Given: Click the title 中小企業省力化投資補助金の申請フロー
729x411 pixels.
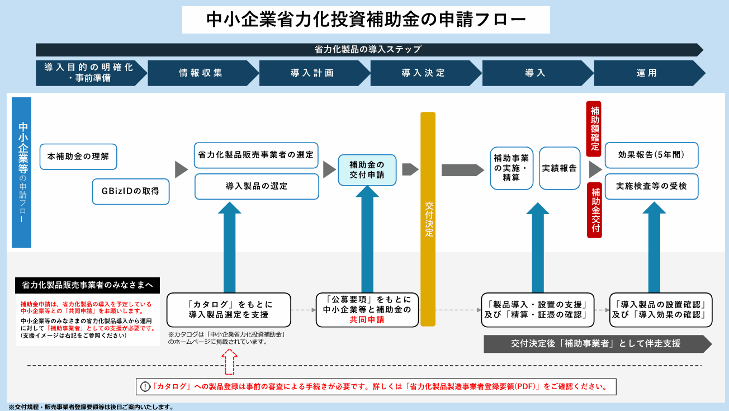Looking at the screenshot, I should click(366, 20).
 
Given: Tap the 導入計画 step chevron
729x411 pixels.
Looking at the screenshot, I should click(313, 73).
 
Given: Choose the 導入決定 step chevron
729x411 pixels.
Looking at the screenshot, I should click(424, 73).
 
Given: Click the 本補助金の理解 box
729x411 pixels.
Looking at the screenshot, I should click(78, 157).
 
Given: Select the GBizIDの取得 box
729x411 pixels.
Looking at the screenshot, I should click(130, 191).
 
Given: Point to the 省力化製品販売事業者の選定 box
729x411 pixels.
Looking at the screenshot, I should click(256, 154).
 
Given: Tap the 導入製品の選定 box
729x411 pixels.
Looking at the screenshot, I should click(256, 186).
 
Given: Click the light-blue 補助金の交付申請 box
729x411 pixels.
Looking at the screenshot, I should click(367, 170).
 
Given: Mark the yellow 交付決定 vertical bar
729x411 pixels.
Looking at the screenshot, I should click(428, 218).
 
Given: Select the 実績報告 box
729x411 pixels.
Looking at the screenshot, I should click(560, 168).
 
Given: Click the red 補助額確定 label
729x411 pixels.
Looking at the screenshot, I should click(594, 129).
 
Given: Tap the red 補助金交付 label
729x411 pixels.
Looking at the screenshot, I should click(594, 210).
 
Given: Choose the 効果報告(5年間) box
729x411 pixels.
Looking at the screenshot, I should click(651, 155).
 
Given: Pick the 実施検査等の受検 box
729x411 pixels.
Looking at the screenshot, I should click(651, 186).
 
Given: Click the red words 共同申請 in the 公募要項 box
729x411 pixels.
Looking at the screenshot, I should click(367, 320).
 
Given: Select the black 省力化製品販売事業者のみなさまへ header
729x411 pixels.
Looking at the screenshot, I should click(87, 285).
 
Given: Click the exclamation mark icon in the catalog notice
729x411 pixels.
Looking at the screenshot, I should click(145, 386).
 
